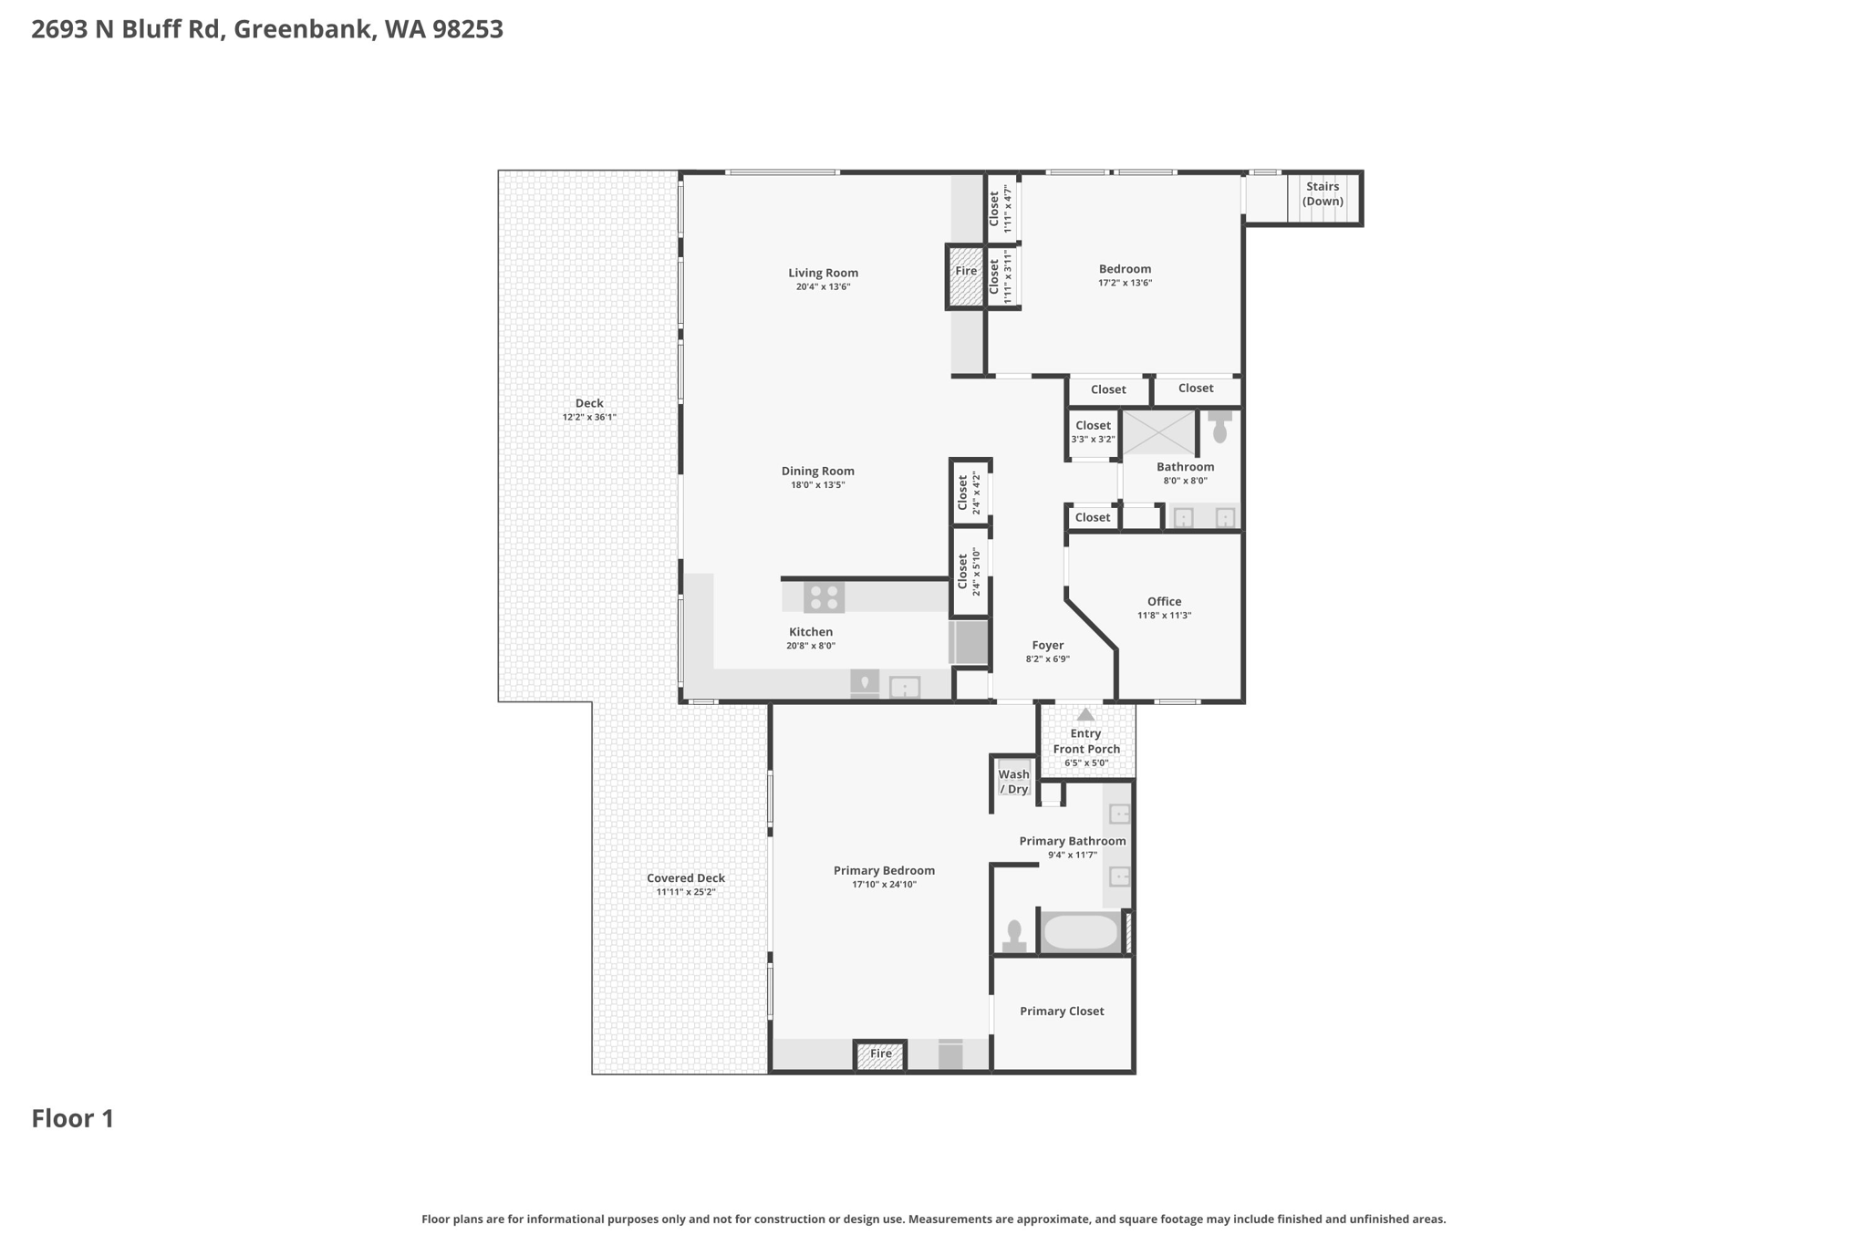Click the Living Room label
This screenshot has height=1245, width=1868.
click(x=823, y=273)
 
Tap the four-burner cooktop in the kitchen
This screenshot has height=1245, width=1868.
click(x=824, y=597)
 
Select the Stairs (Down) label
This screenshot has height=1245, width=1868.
click(x=1323, y=193)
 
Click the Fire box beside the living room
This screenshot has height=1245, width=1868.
click(x=966, y=276)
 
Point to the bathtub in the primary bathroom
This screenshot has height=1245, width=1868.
click(x=1080, y=932)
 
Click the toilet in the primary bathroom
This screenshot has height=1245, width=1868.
click(x=1014, y=937)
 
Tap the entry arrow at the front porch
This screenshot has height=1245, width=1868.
click(x=1085, y=714)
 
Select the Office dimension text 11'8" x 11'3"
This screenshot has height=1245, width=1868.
click(x=1164, y=616)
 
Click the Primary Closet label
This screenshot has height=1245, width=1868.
click(x=1062, y=1011)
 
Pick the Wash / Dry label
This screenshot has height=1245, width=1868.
click(x=1013, y=782)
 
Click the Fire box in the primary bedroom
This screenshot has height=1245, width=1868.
click(x=880, y=1055)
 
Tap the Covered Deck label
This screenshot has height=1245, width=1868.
click(x=686, y=878)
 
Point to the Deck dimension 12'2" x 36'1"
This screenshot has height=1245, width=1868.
click(x=589, y=418)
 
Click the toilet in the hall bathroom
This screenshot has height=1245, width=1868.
click(x=1219, y=427)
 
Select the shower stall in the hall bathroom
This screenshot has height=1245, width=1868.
click(x=1158, y=432)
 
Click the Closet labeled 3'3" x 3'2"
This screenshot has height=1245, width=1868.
click(x=1093, y=431)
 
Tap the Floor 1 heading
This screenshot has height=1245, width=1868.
click(x=73, y=1119)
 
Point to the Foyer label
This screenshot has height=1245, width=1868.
click(x=1048, y=645)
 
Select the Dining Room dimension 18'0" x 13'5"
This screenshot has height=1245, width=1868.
click(x=817, y=485)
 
